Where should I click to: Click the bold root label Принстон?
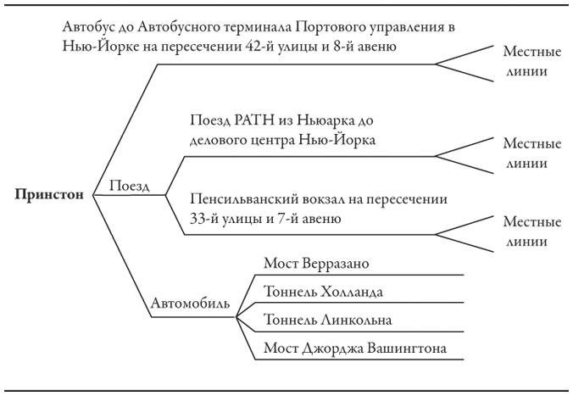(x=49, y=194)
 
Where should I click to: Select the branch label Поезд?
(x=131, y=186)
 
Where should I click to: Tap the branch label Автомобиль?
(x=191, y=303)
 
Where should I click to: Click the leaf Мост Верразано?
(x=316, y=263)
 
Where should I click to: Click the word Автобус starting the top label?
(x=89, y=27)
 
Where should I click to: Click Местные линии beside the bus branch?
(x=531, y=61)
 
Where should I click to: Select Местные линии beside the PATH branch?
(x=531, y=153)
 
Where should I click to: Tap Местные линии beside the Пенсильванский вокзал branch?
(x=531, y=231)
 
